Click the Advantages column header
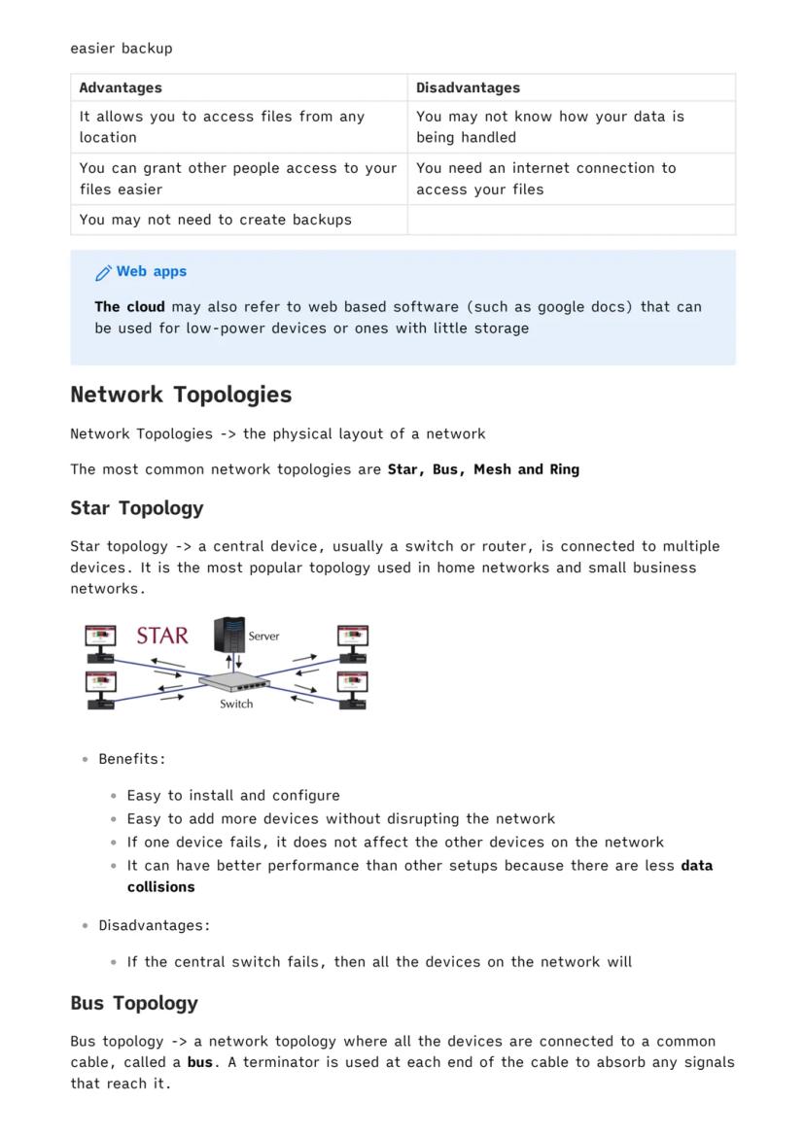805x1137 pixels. pyautogui.click(x=121, y=87)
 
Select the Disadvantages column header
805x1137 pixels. pyautogui.click(x=468, y=87)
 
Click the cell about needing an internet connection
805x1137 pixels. pyautogui.click(x=545, y=179)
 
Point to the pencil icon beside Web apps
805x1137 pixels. pyautogui.click(x=103, y=272)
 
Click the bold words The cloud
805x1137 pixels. pyautogui.click(x=129, y=307)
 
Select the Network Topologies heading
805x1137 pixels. pyautogui.click(x=181, y=395)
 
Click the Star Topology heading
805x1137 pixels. pyautogui.click(x=137, y=508)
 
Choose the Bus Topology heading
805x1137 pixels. pyautogui.click(x=134, y=1003)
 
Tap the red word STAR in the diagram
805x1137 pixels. pyautogui.click(x=162, y=637)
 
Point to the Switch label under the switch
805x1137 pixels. pyautogui.click(x=236, y=704)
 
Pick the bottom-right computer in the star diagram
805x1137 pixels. pyautogui.click(x=353, y=686)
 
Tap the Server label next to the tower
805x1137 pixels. pyautogui.click(x=263, y=637)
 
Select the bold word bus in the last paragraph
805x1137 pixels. pyautogui.click(x=200, y=1062)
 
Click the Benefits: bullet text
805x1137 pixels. pyautogui.click(x=132, y=759)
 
